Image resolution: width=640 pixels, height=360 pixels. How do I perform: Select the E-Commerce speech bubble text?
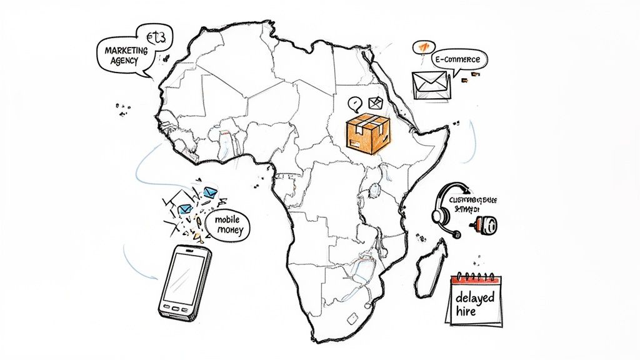point(458,59)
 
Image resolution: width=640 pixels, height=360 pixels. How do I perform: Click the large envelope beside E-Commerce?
point(430,84)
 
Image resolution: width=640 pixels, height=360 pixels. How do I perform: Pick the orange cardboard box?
point(368,133)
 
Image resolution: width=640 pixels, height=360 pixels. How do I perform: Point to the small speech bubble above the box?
point(356,102)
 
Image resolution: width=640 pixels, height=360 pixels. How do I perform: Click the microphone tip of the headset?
point(457,235)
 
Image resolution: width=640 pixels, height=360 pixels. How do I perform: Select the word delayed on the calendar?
point(476,296)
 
